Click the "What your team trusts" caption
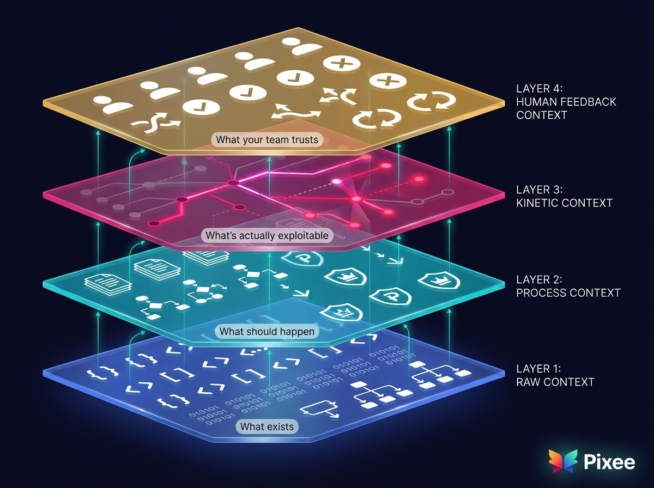(x=267, y=140)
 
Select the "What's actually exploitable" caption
(x=267, y=236)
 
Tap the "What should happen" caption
(x=267, y=331)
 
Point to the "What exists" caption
(x=267, y=426)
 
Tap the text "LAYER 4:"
(x=537, y=88)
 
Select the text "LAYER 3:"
(x=537, y=190)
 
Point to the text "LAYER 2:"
(x=537, y=280)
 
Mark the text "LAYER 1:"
(x=536, y=369)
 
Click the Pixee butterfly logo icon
(x=563, y=461)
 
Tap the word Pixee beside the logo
(x=609, y=462)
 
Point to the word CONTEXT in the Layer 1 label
(x=568, y=382)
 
